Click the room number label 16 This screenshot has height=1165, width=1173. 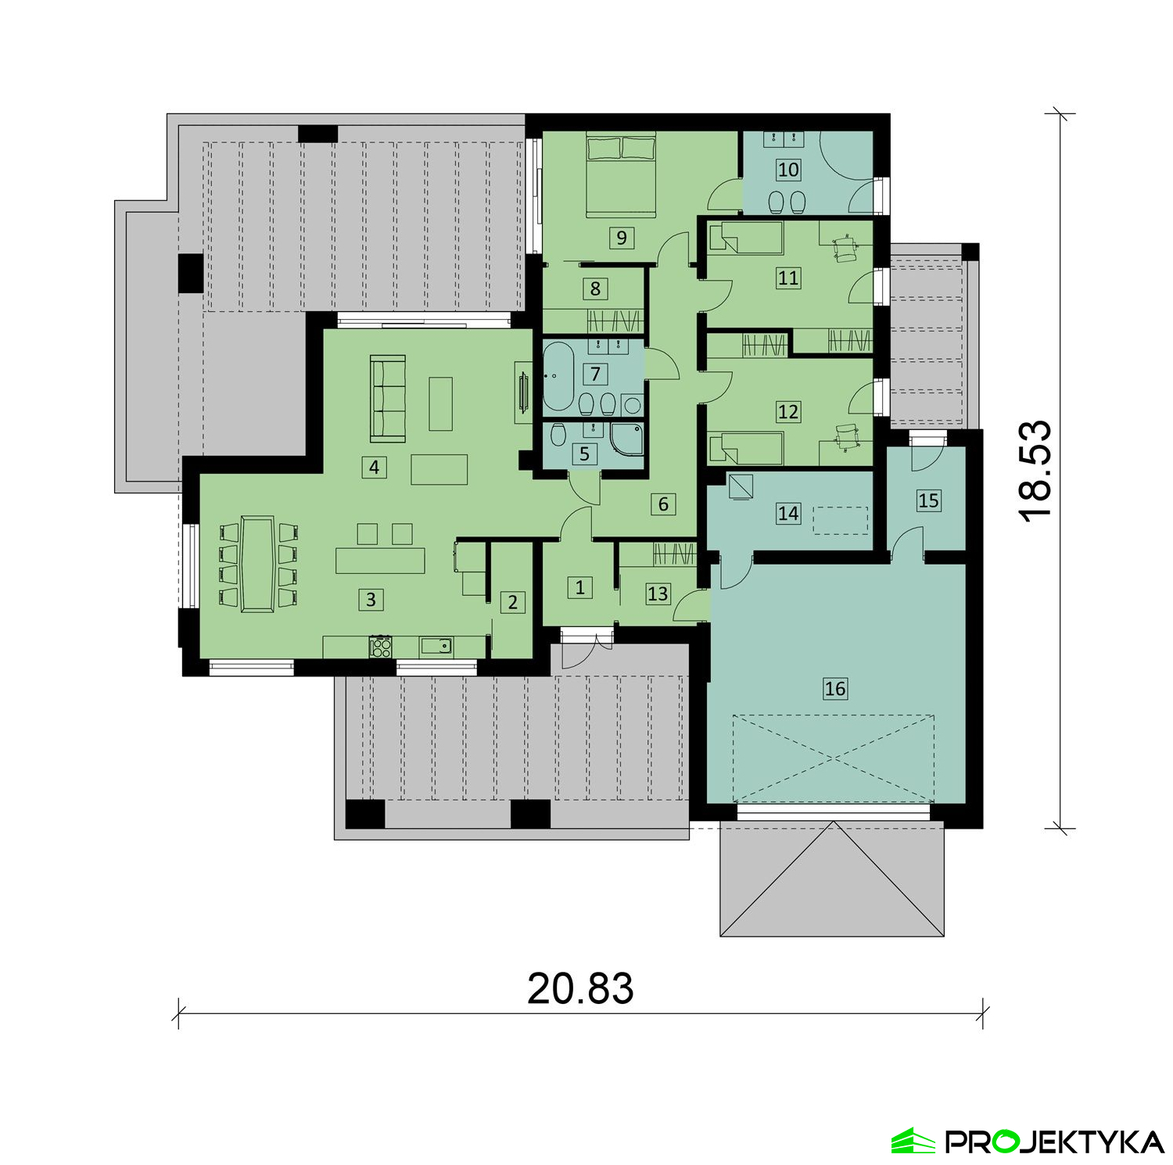(835, 688)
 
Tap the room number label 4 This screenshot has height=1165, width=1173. (375, 468)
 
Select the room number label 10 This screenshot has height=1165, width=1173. (788, 170)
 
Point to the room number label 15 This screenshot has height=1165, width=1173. (928, 500)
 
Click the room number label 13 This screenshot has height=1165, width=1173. (658, 593)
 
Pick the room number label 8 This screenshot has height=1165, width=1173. (595, 289)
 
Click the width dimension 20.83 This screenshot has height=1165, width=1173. (580, 988)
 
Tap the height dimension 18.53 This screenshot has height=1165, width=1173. (1035, 471)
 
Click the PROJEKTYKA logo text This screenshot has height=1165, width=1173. (1055, 1142)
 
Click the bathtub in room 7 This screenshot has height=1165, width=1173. (558, 376)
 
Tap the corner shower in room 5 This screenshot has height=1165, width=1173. (629, 440)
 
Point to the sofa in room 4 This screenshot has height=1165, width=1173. (388, 397)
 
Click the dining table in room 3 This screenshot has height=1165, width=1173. (257, 563)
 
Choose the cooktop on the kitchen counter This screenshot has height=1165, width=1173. (381, 646)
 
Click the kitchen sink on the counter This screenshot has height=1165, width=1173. (436, 646)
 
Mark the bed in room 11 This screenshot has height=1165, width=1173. (745, 238)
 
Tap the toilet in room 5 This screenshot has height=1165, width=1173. (558, 434)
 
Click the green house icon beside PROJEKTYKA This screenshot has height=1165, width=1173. (913, 1141)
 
